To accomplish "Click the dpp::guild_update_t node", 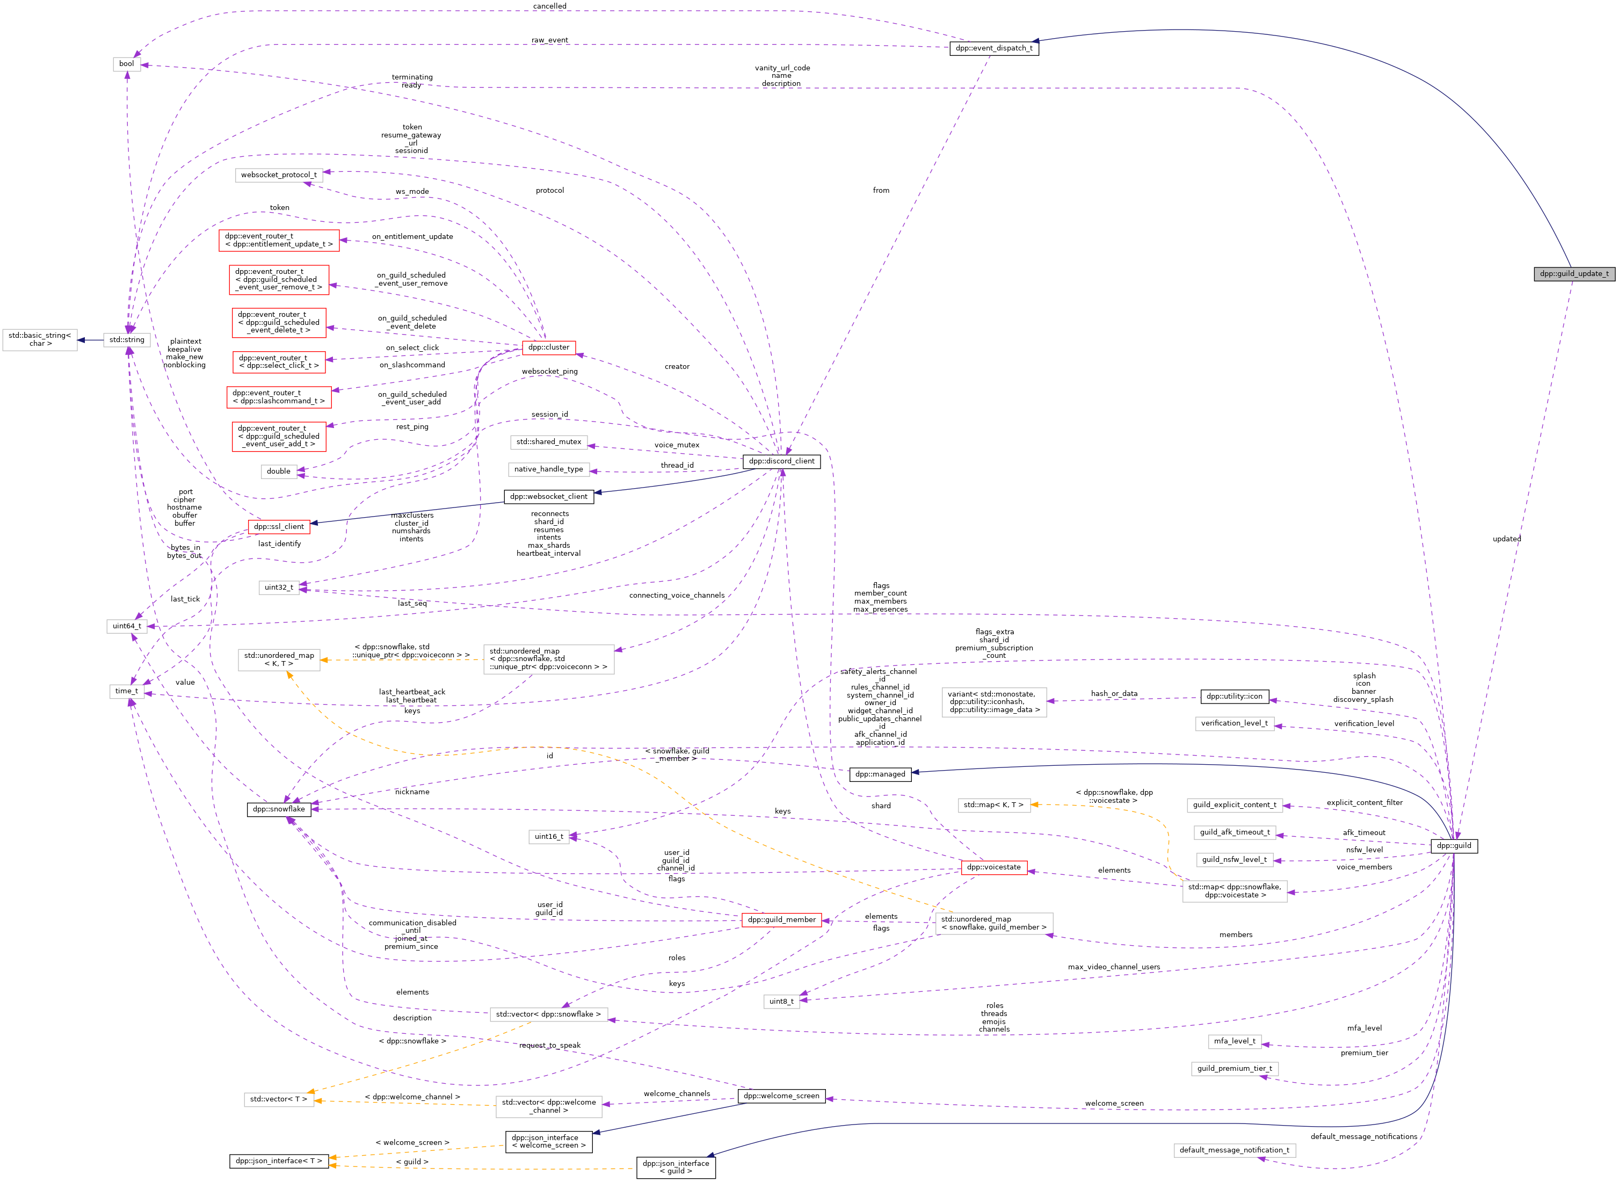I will (x=1573, y=273).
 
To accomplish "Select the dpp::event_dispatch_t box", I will (x=993, y=48).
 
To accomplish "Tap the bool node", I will (x=127, y=64).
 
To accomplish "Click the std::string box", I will (x=127, y=340).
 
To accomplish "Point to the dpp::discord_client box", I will (x=781, y=461).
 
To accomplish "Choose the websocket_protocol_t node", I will (x=278, y=175).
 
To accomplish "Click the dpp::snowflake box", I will (x=278, y=809).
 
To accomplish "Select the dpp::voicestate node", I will (x=993, y=867).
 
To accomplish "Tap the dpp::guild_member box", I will (x=781, y=919).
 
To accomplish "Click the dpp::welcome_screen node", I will (x=781, y=1096).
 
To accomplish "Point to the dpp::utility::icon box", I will (x=1234, y=696).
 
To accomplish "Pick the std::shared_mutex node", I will (x=549, y=441).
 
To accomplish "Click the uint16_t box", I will (x=549, y=836).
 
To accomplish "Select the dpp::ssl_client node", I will (x=278, y=527).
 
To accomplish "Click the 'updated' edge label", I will (x=1506, y=539).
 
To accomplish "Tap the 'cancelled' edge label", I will (x=549, y=6).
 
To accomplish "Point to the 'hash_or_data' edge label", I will (x=1114, y=693).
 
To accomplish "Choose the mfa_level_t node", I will (x=1234, y=1041).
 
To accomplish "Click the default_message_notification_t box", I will (x=1234, y=1150).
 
